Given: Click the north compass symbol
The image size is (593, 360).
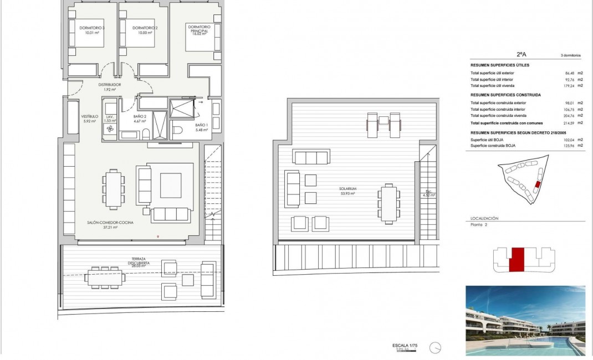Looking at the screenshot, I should coord(438,348).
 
